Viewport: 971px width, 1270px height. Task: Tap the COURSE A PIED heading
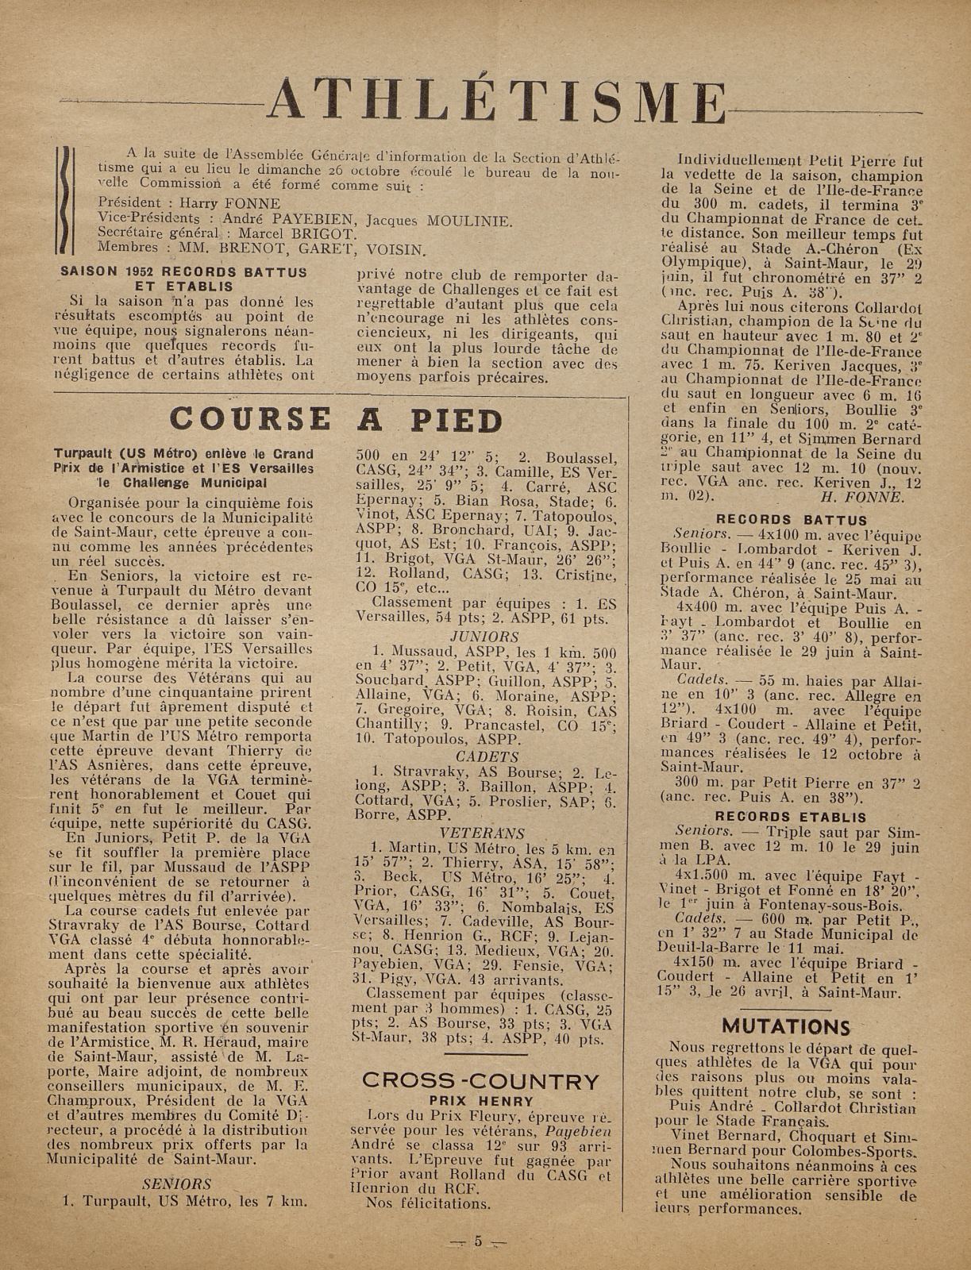pyautogui.click(x=337, y=419)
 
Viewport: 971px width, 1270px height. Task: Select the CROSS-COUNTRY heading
pyautogui.click(x=480, y=1080)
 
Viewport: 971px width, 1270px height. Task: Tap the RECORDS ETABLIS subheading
pyautogui.click(x=791, y=817)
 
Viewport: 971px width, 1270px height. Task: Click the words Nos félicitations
pyautogui.click(x=428, y=1203)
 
